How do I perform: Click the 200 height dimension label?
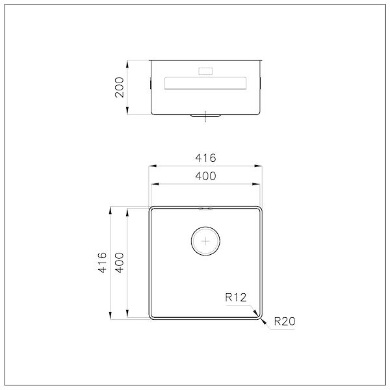120,87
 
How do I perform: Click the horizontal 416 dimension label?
205,158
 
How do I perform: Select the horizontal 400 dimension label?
205,176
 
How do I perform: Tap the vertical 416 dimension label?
103,263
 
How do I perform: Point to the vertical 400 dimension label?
120,263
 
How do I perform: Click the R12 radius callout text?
236,297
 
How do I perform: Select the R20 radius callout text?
285,321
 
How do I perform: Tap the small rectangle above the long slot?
205,71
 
